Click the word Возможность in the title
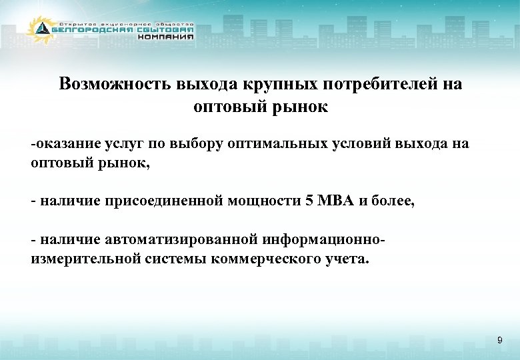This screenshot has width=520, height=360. pyautogui.click(x=115, y=85)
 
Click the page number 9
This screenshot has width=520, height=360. pyautogui.click(x=499, y=341)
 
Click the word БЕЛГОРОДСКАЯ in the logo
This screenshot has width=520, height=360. pyautogui.click(x=93, y=29)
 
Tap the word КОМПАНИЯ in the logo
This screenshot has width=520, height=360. pyautogui.click(x=166, y=37)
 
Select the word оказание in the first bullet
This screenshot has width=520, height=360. pyautogui.click(x=69, y=144)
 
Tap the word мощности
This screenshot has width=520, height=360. pyautogui.click(x=263, y=202)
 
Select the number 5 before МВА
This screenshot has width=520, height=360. pyautogui.click(x=308, y=202)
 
